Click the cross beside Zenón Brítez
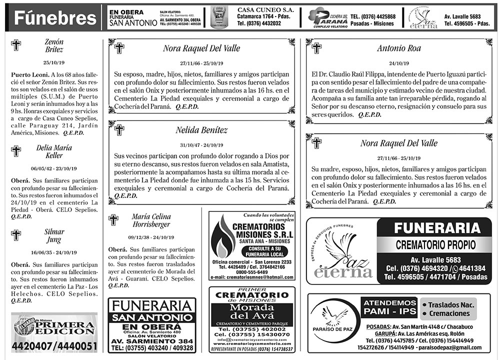16,45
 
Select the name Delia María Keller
54,151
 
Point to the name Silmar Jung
54,235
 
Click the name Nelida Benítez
201,130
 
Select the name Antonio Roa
398,48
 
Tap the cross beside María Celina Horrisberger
113,219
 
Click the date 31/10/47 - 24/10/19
201,145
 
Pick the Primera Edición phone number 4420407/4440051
54,346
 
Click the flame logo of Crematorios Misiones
222,244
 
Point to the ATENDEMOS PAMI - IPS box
389,308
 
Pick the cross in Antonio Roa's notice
316,48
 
